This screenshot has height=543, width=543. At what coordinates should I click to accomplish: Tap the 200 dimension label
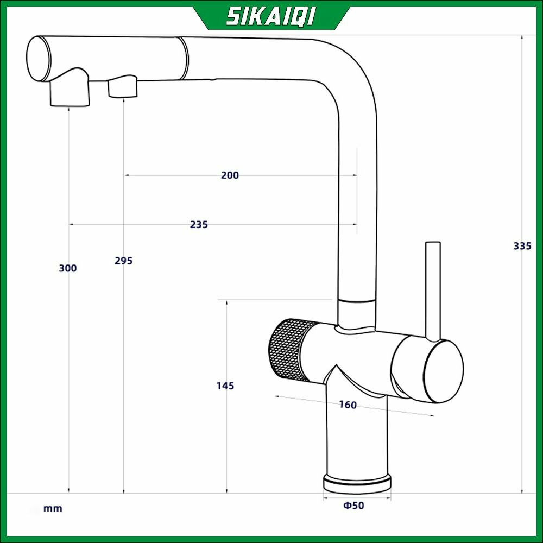[230, 175]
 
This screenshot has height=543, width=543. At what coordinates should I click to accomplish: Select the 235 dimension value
[199, 224]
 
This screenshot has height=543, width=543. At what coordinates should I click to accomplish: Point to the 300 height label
[68, 268]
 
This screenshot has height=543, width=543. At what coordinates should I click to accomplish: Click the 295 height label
[124, 261]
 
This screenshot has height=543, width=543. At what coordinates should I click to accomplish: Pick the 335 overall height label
[522, 246]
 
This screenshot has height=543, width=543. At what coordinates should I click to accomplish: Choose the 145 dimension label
[225, 386]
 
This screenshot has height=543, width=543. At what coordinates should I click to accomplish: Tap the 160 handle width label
[348, 405]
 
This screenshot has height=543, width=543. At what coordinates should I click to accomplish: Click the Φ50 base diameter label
[353, 505]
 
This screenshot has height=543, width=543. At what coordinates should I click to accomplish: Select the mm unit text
[53, 508]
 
